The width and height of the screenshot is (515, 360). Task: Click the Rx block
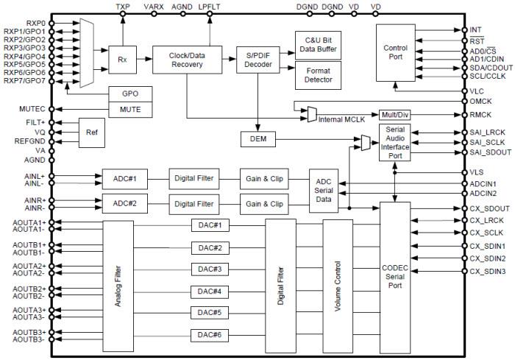tap(123, 57)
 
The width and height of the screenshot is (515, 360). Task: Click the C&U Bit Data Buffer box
tap(317, 45)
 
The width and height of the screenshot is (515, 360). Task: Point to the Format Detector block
tap(317, 75)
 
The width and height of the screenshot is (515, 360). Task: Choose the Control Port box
tap(395, 53)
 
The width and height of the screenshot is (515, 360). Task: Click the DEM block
tap(257, 138)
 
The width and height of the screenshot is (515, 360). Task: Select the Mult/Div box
tap(394, 114)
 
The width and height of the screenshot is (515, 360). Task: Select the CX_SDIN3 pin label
tap(488, 272)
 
